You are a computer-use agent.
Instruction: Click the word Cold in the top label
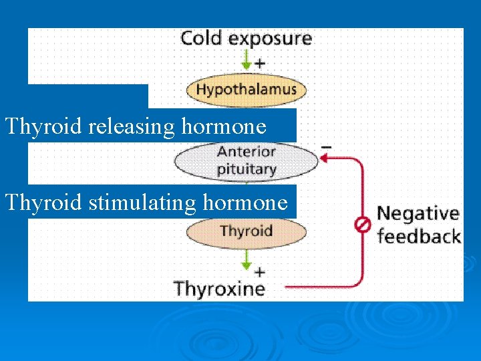click(x=202, y=38)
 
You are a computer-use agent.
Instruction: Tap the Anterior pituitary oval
click(x=246, y=160)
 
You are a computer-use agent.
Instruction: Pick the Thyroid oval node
click(x=246, y=232)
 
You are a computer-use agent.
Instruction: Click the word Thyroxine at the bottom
click(x=220, y=289)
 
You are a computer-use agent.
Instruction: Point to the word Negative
click(x=418, y=214)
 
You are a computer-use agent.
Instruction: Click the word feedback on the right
click(x=419, y=236)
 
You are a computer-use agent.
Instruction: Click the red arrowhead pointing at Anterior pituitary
click(x=323, y=158)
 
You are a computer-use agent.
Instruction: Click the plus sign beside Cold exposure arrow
click(x=260, y=64)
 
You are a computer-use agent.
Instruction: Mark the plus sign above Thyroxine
click(x=260, y=272)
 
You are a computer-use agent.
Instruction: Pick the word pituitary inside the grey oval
click(x=246, y=169)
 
